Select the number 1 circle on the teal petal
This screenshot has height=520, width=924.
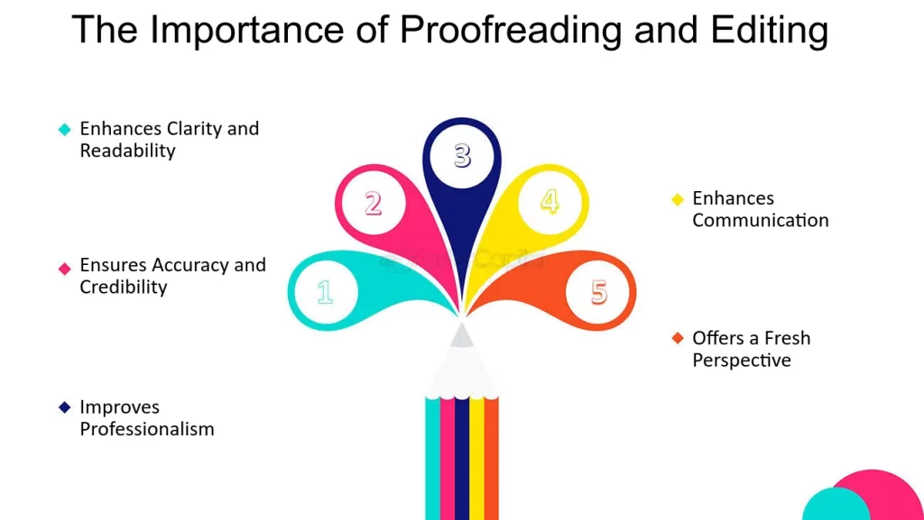tap(325, 292)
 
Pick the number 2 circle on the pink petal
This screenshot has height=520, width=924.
tap(373, 204)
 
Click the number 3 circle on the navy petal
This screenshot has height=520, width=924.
tap(462, 156)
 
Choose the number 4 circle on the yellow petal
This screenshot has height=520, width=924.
tap(550, 200)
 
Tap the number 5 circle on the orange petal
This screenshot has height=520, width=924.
tap(599, 292)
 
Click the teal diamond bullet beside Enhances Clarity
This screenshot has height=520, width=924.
tap(64, 130)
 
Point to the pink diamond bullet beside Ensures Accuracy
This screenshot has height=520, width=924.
tap(64, 268)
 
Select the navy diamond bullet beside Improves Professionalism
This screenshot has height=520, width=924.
tap(64, 407)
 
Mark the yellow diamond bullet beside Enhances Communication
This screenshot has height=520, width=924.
tap(678, 199)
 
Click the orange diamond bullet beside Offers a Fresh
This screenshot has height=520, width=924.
tap(678, 338)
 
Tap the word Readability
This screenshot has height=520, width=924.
tap(127, 151)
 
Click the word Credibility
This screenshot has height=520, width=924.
tap(124, 287)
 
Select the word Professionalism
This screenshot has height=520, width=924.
tap(147, 429)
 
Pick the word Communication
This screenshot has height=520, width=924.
tap(760, 220)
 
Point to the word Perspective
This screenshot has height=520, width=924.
tap(742, 360)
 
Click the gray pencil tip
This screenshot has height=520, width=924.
tap(462, 335)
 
